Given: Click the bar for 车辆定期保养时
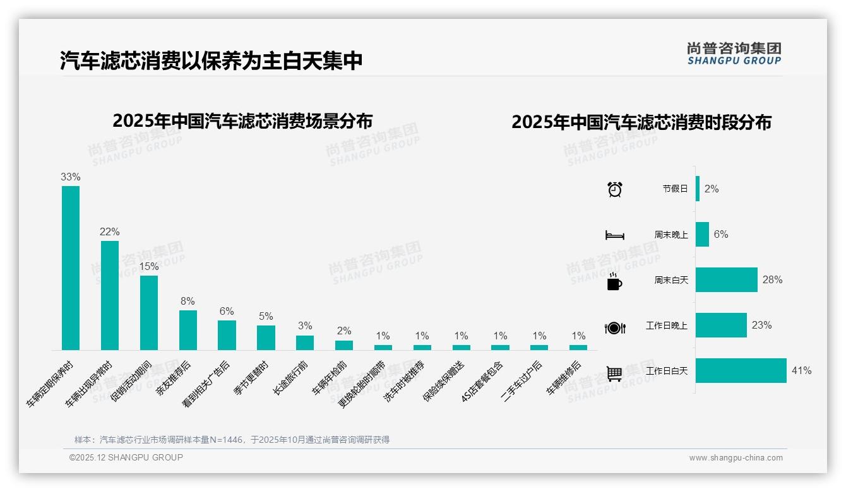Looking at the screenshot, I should coord(71,267).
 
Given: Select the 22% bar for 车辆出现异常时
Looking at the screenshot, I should coord(110,295).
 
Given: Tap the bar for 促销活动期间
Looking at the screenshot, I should coord(149,312).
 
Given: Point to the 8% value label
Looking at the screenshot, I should coord(188,302).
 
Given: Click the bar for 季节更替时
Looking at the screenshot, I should coord(266,337).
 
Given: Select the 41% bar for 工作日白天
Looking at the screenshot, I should coord(741,371).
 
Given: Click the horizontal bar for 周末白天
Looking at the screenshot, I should coord(727,279).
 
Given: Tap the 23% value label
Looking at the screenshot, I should coord(762,325).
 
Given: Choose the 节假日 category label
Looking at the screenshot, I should coord(675,189).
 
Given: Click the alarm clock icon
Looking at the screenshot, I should coord(615,189).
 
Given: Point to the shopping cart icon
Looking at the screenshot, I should coord(614,374).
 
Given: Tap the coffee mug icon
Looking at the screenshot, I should coord(614,282).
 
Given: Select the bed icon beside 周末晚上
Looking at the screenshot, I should coord(614,235).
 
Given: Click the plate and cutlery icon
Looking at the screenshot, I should coord(615,328).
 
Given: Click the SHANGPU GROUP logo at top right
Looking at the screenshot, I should coord(734,54).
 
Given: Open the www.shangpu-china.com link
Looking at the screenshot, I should coord(736,458).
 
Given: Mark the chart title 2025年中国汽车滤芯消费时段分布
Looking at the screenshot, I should coord(641,122).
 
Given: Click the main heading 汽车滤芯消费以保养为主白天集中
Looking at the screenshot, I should coord(211,61).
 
